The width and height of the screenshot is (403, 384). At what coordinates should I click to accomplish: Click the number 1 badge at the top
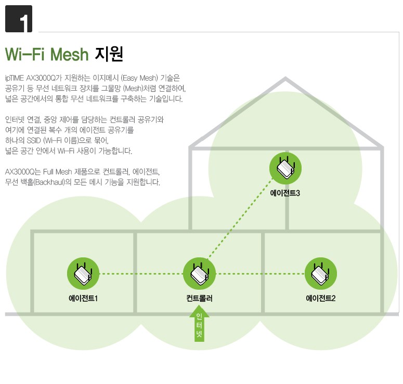[18, 19]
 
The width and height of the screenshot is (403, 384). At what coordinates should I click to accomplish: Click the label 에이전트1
[83, 299]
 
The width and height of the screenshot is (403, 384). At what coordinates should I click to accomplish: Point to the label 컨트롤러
[200, 299]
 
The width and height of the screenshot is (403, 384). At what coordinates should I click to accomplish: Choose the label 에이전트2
[320, 299]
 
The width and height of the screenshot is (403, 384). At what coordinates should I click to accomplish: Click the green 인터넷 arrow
[199, 324]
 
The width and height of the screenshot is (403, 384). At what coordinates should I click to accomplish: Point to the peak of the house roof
[285, 78]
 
